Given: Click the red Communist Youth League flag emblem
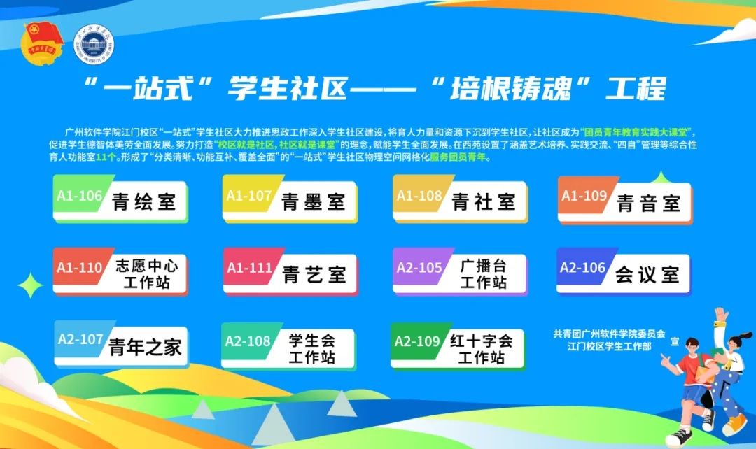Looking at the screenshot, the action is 43,43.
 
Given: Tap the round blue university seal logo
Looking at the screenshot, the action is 94,44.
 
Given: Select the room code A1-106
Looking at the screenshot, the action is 80,196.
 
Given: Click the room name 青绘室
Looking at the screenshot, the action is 144,202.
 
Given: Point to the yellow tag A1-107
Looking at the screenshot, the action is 248,196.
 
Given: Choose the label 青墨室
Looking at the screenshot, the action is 314,202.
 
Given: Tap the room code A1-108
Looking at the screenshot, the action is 419,196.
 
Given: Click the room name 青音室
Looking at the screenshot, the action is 648,204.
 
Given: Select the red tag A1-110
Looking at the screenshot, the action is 80,267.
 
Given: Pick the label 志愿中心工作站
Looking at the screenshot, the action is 146,273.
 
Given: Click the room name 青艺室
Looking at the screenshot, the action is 314,275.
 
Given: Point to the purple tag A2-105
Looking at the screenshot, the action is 419,267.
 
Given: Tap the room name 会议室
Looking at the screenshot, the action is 647,275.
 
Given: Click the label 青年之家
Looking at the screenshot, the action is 145,347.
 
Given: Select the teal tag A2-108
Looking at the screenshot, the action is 248,341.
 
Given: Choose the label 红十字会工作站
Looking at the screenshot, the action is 481,349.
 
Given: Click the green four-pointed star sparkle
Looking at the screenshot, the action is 30,285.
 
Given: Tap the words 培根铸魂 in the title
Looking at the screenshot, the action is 510,89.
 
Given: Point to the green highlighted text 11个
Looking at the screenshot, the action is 106,157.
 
